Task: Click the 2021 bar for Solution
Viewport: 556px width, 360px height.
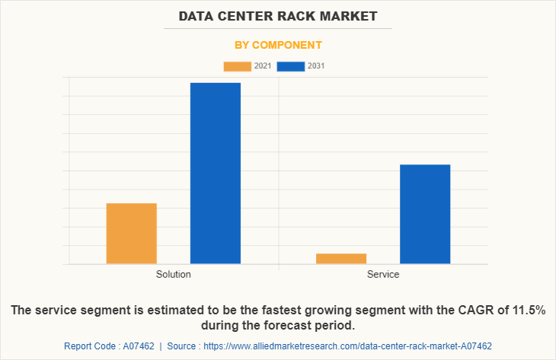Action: [x=132, y=233]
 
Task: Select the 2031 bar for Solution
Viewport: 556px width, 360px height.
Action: [x=216, y=173]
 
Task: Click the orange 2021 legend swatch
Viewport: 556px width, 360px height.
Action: [x=237, y=66]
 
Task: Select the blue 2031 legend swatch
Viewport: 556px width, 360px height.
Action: [x=291, y=66]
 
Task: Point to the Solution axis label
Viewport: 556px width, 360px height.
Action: [x=174, y=274]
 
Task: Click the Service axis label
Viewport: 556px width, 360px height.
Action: [x=383, y=274]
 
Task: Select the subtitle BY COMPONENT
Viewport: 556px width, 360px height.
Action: [x=277, y=45]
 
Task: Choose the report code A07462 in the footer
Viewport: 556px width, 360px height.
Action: [x=139, y=346]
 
